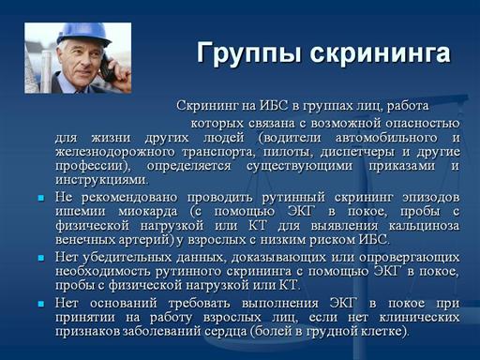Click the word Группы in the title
tap(249, 53)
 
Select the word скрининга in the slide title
tap(380, 53)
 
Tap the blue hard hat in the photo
tap(83, 33)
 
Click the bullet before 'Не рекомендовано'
tap(41, 198)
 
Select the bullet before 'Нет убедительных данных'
tap(41, 258)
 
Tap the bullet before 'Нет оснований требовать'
tap(41, 304)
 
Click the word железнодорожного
tap(114, 152)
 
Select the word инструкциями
tap(101, 180)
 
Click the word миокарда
tap(148, 212)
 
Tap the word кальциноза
tap(424, 226)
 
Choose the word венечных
tap(84, 240)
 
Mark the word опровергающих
tap(410, 258)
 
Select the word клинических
tap(419, 318)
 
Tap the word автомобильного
tap(386, 138)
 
